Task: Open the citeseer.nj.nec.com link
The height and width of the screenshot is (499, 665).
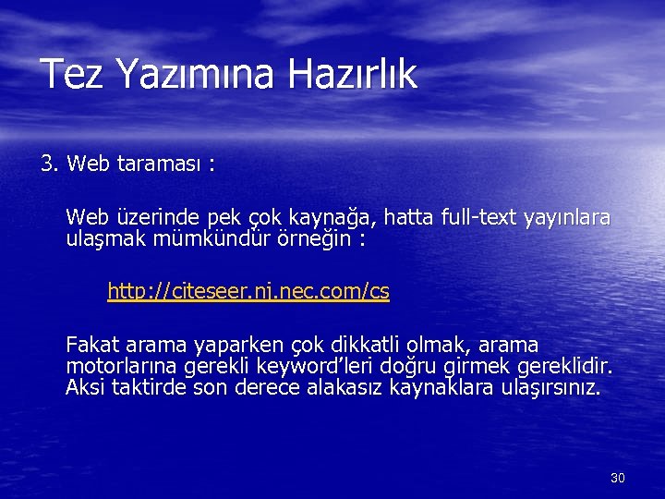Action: pyautogui.click(x=248, y=292)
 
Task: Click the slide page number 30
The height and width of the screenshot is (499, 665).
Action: pyautogui.click(x=618, y=478)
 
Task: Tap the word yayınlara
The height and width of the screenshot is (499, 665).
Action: pyautogui.click(x=566, y=218)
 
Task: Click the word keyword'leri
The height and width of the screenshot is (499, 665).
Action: pyautogui.click(x=285, y=367)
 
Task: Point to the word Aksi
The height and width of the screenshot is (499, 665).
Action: pyautogui.click(x=85, y=388)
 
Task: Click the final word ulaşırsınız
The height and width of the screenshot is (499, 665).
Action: pyautogui.click(x=549, y=388)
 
